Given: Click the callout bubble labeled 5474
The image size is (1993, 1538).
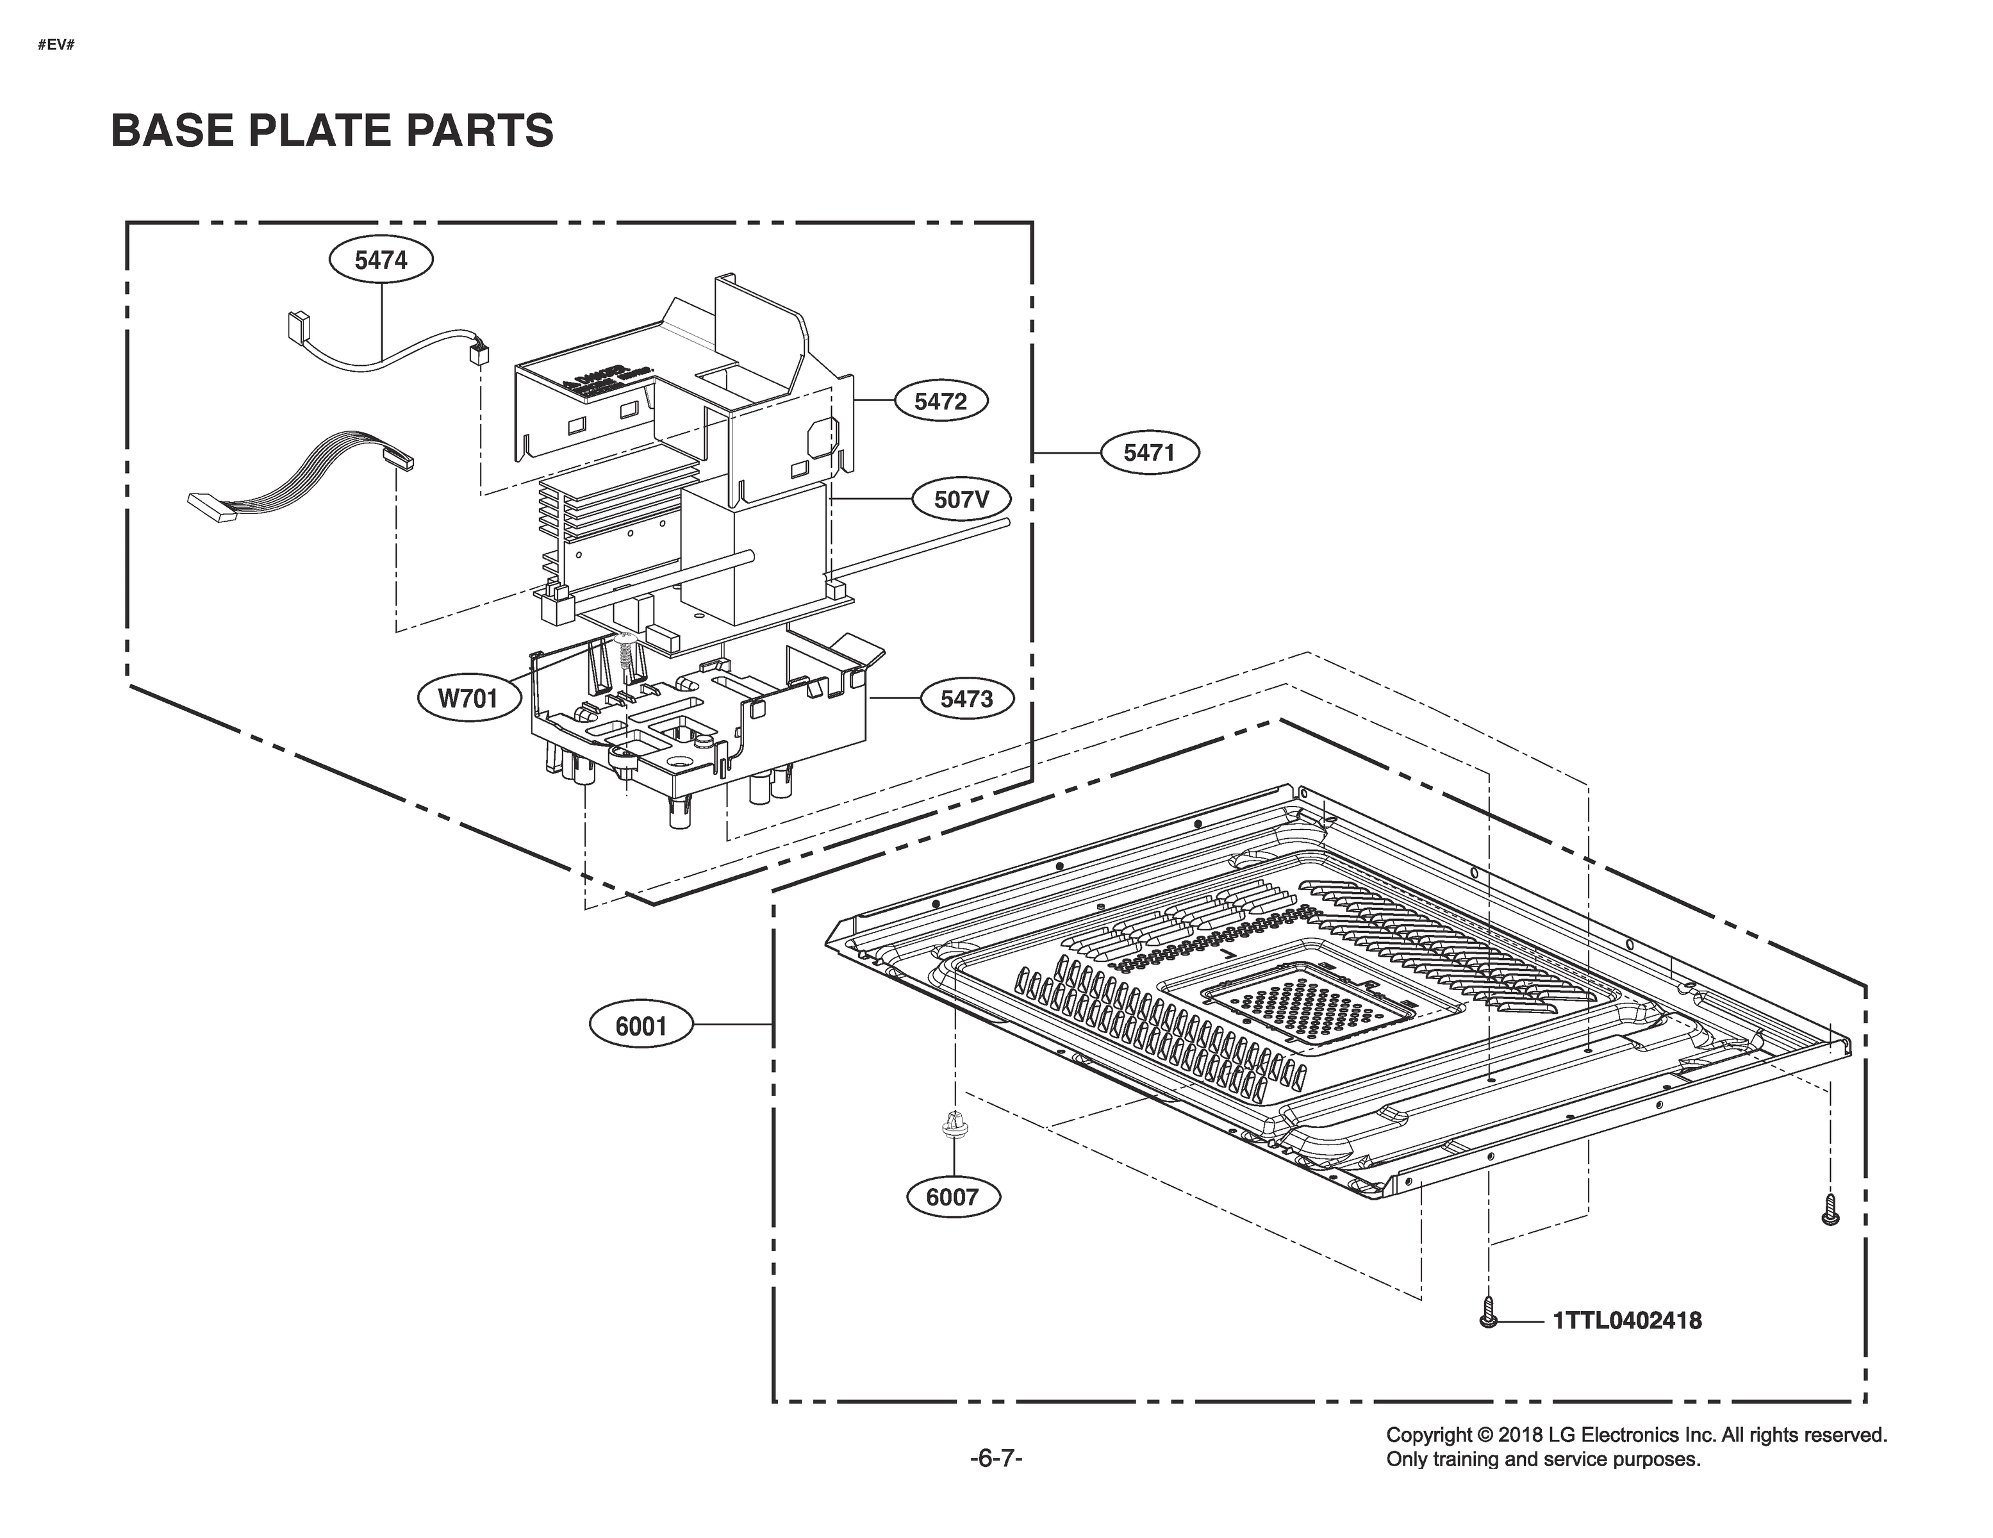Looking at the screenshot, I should pos(381,260).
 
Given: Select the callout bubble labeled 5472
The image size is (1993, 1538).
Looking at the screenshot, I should pos(940,401).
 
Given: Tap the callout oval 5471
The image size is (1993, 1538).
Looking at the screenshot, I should pos(1149,452).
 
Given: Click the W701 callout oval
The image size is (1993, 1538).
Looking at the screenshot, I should pos(469,699).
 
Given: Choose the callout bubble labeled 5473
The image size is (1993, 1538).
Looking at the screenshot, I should pos(966,699).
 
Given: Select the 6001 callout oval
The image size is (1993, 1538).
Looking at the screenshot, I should pos(641,1026).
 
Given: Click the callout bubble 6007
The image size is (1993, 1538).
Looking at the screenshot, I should pos(952,1196).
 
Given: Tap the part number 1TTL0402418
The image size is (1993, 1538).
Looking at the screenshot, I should pos(1627,1321).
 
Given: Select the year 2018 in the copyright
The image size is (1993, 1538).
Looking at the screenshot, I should pos(1522,1435).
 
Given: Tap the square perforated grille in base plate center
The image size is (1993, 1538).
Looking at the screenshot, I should pos(1307,1004).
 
